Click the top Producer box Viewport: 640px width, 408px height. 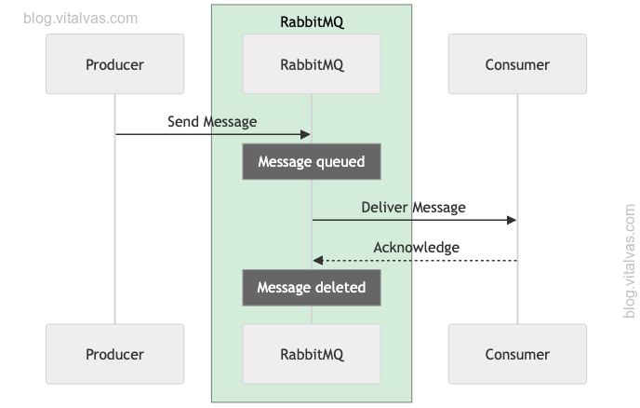[114, 65]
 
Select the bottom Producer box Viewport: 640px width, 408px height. [114, 354]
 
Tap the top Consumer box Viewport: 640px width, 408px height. [517, 65]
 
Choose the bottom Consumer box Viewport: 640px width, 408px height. [517, 354]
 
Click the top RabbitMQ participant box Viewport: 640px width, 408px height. [312, 65]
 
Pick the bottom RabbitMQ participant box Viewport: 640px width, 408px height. [312, 354]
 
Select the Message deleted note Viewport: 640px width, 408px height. [312, 287]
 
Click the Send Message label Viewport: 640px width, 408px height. [212, 122]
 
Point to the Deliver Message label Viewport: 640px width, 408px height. [413, 207]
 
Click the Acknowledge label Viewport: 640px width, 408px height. [416, 247]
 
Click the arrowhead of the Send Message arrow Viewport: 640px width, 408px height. [306, 135]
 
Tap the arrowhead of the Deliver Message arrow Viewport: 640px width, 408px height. [512, 221]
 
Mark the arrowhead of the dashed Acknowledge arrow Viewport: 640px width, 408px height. [317, 261]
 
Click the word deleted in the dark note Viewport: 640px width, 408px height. [339, 287]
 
